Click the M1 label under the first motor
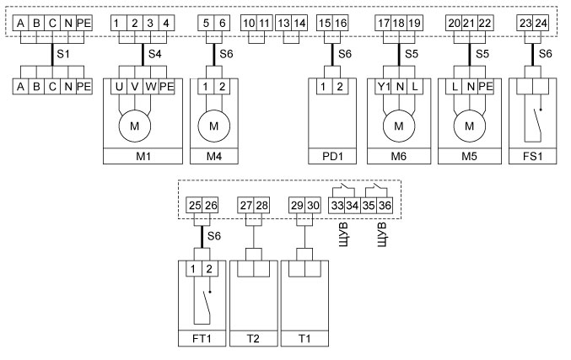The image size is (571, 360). point(143,156)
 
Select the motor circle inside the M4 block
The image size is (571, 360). point(213,126)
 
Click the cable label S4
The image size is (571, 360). point(155,53)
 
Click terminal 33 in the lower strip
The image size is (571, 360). point(337,204)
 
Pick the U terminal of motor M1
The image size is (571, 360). point(119,87)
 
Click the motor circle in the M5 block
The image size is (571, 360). point(470,126)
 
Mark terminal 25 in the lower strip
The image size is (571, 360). point(196,204)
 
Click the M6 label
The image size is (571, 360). point(397,156)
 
